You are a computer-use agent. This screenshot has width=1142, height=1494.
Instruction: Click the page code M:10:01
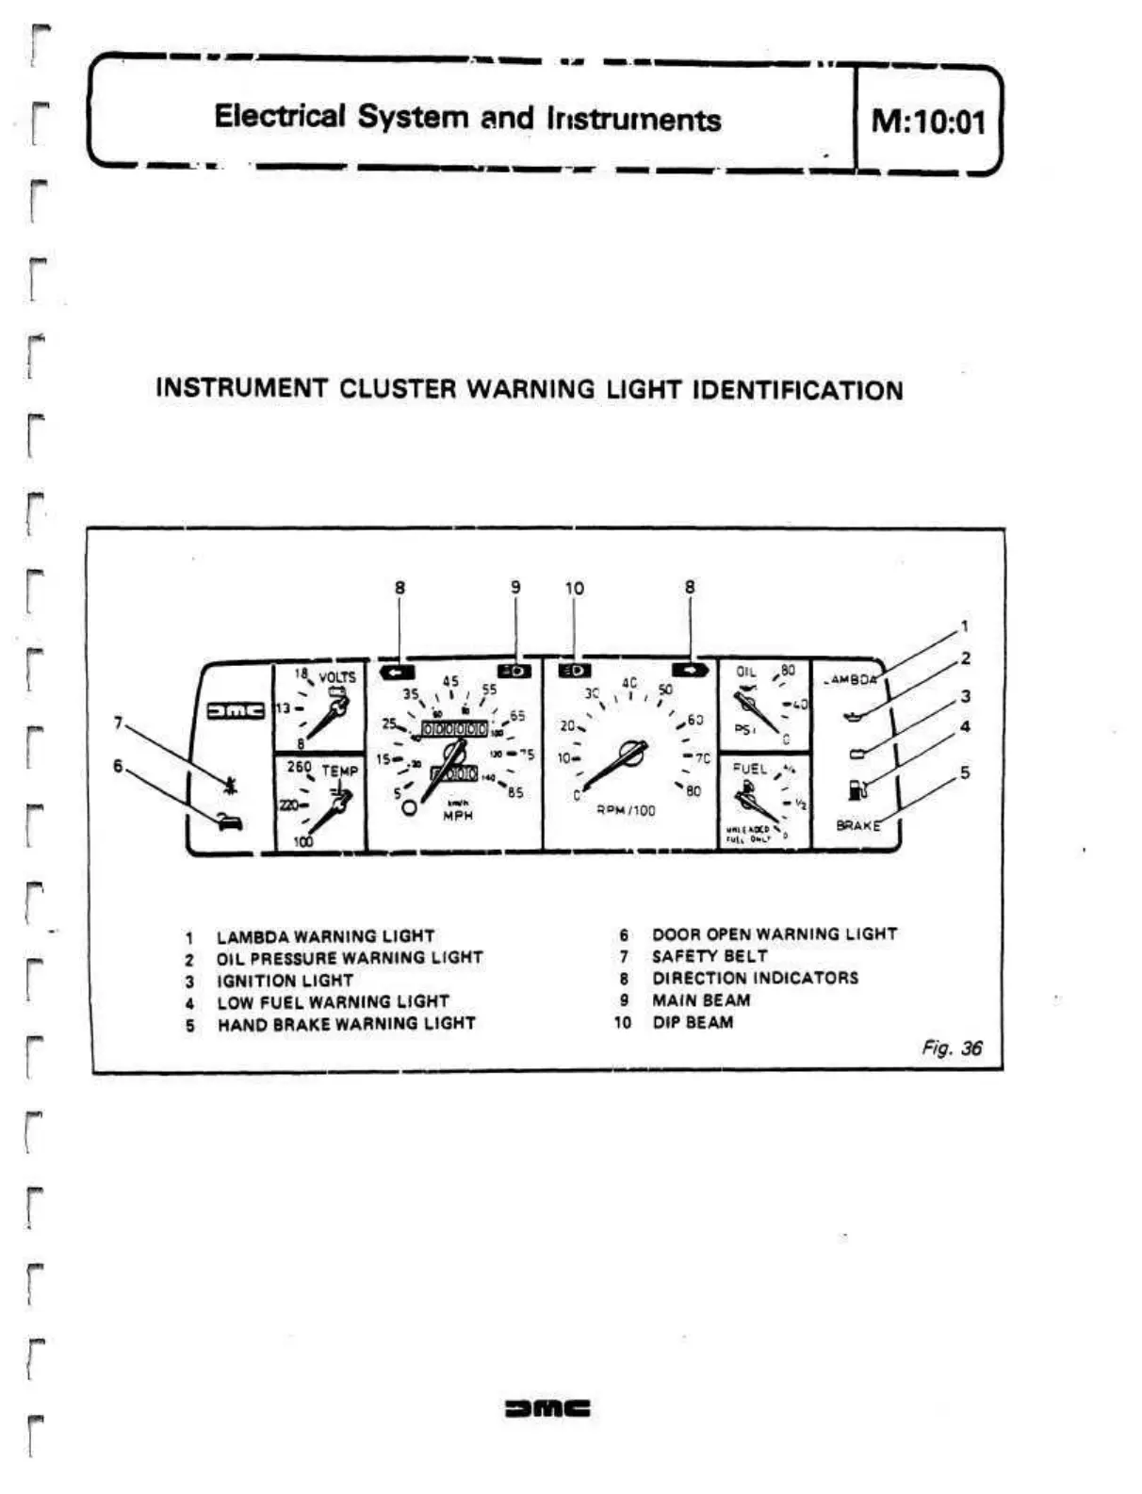(928, 122)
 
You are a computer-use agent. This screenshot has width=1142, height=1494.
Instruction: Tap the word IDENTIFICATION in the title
(797, 390)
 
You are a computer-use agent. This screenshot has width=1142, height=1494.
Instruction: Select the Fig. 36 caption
(952, 1047)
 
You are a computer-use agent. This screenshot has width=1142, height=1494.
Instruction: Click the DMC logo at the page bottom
(547, 1408)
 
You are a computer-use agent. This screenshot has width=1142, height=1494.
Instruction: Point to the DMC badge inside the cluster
(235, 709)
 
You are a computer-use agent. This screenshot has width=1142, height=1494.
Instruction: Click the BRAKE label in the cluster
(857, 825)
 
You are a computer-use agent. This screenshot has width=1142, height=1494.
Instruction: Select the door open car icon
(229, 821)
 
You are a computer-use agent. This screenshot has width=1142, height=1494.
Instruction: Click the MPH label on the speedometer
(458, 816)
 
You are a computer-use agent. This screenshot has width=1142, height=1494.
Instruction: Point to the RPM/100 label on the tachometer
(626, 810)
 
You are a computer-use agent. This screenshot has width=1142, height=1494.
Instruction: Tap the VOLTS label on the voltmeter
(337, 677)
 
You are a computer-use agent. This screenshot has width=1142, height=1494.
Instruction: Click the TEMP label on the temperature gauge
(340, 771)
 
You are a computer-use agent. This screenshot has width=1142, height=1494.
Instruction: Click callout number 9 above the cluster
(515, 587)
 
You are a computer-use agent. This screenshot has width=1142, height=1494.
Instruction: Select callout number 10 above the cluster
(574, 588)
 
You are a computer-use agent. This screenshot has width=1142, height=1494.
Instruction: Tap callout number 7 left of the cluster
(119, 723)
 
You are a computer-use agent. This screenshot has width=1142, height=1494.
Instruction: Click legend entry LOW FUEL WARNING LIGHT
(333, 1001)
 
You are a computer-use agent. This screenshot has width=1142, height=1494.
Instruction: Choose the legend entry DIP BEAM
(693, 1022)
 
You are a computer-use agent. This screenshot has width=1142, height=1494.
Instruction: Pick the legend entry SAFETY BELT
(710, 956)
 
